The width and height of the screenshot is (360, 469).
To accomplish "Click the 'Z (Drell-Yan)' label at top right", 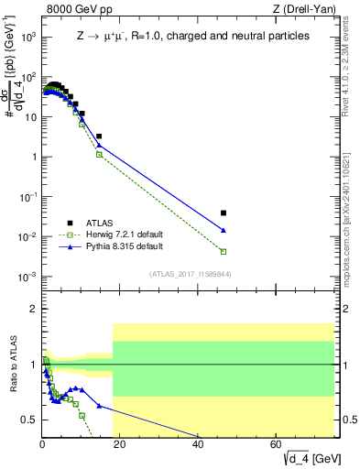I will click(x=302, y=10).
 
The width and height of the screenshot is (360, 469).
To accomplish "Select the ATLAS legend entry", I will click(x=97, y=222).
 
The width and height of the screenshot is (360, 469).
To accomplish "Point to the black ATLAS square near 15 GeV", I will click(x=99, y=136).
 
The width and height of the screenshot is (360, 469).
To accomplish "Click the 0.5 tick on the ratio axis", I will click(x=29, y=420).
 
